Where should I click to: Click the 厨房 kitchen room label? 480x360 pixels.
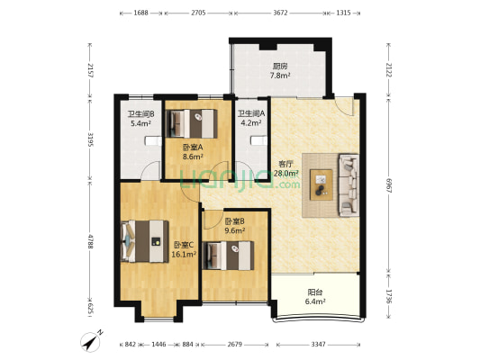280,66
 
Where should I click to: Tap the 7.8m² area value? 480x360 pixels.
280,76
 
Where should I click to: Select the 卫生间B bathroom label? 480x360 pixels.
140,114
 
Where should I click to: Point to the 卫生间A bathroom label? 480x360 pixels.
251,113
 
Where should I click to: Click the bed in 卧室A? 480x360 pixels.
192,123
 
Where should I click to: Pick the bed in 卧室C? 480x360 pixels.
145,241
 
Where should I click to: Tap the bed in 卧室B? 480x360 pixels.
229,256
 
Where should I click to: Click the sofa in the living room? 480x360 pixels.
349,185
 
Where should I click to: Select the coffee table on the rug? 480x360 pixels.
322,185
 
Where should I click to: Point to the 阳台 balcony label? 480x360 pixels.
315,292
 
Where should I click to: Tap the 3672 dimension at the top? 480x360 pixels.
280,13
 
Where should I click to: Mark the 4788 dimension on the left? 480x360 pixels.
90,241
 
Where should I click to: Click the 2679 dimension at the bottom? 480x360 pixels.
235,345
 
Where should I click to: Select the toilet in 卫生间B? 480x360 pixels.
153,141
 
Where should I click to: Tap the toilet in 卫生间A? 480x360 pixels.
258,140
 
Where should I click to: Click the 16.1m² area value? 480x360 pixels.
184,254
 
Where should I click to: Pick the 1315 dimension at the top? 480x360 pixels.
343,13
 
